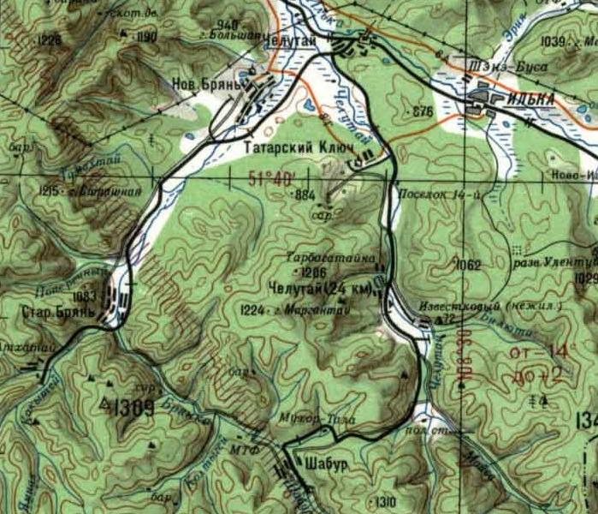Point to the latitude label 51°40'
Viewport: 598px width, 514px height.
pos(272,178)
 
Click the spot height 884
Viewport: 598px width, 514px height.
pos(305,195)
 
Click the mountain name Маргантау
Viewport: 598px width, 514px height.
pos(297,309)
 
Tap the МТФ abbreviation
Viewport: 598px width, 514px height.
pos(240,447)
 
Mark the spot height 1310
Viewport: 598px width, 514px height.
pos(386,500)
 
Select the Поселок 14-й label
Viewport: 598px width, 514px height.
pos(432,194)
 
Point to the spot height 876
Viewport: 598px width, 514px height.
pos(423,112)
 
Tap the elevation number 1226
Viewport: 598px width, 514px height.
pos(50,39)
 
